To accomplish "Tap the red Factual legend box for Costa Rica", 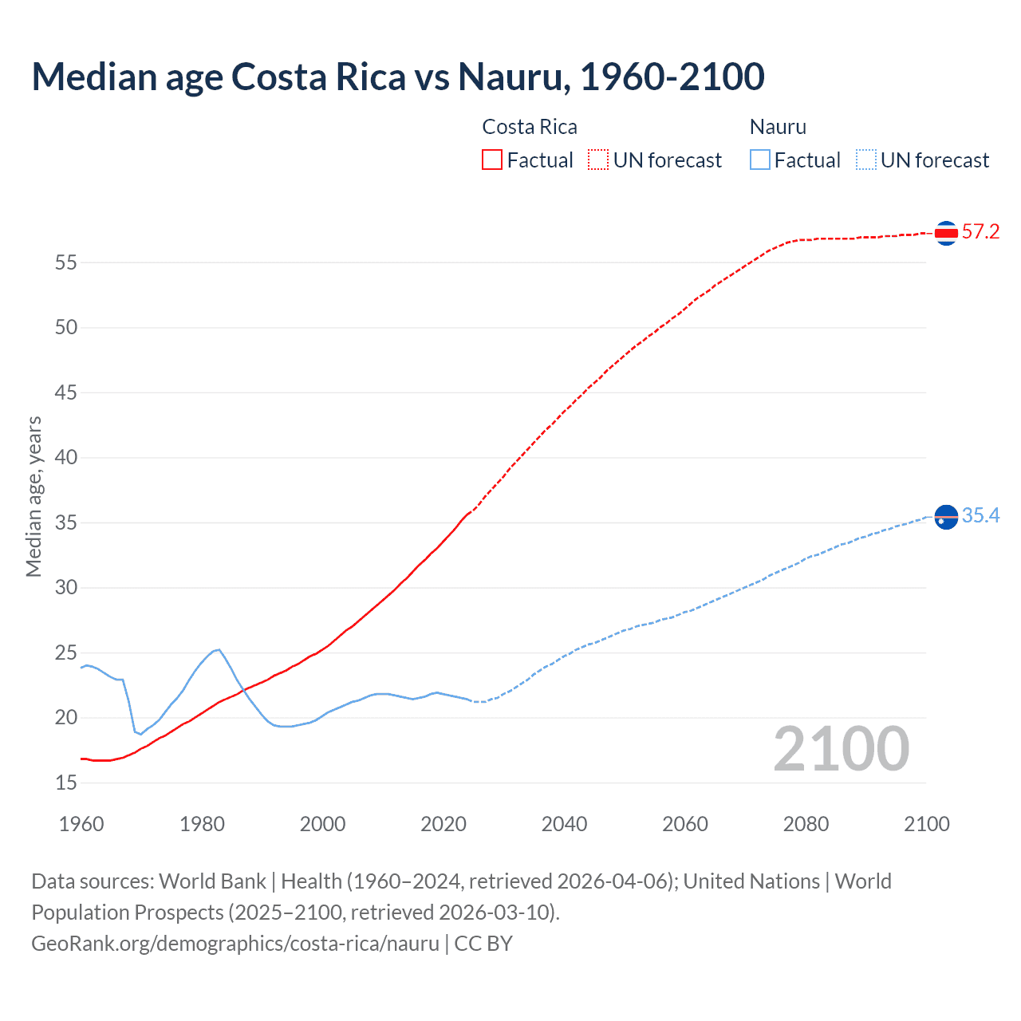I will click(x=492, y=160).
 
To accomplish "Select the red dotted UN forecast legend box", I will click(x=598, y=160).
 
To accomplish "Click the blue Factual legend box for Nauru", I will click(x=759, y=160).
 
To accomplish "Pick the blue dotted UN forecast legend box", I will click(x=865, y=160).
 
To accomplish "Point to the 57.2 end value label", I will click(x=980, y=232).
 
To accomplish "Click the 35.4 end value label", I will click(x=980, y=516).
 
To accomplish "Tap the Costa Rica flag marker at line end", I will click(x=946, y=233).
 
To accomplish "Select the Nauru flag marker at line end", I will click(x=946, y=517).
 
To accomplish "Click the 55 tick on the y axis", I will click(x=66, y=262).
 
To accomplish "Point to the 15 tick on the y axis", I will click(x=66, y=783).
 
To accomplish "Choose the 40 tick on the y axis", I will click(x=66, y=458).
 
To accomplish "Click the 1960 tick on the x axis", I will click(x=81, y=824).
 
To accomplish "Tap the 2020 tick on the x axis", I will click(x=443, y=824).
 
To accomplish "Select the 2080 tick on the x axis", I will click(x=806, y=824).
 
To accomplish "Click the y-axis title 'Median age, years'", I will click(x=34, y=496).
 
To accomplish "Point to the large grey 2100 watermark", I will click(x=841, y=749).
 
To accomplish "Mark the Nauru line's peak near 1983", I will click(x=218, y=649).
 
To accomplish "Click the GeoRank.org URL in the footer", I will click(x=235, y=944).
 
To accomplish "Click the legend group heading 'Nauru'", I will click(x=778, y=127).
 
